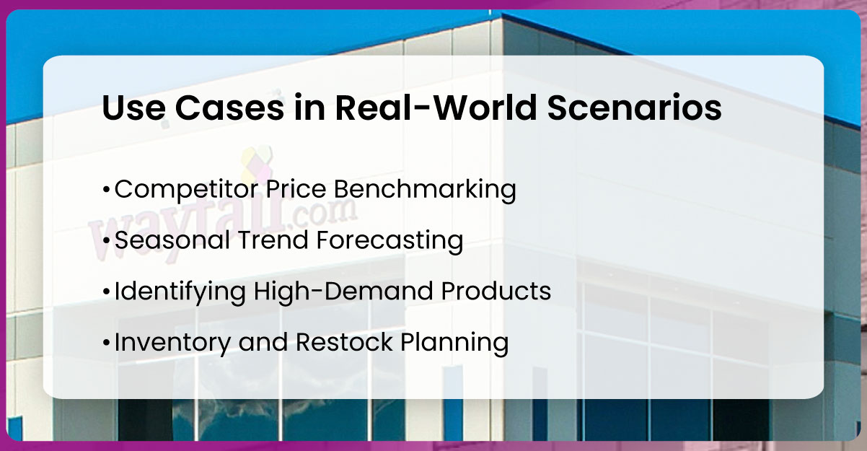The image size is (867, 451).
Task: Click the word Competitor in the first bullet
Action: coord(184,190)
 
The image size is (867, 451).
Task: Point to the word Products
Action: coord(498,292)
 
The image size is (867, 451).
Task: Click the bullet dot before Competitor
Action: coord(107,191)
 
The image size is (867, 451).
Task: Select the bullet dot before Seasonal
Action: coord(107,241)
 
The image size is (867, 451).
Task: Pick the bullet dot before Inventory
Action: coord(107,343)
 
